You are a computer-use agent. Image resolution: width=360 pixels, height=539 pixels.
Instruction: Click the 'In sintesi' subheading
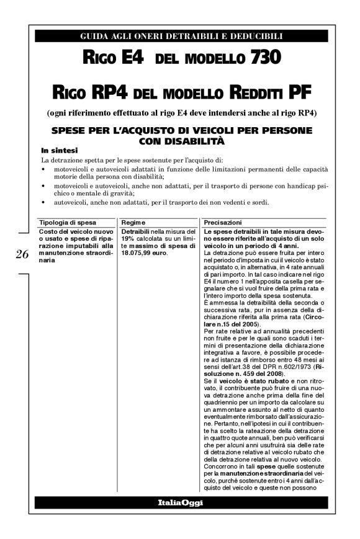click(x=60, y=150)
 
